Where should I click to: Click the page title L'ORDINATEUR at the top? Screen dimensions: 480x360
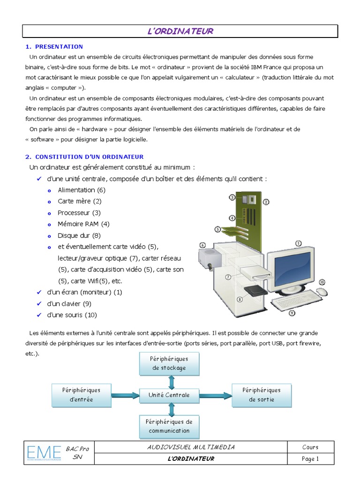180,31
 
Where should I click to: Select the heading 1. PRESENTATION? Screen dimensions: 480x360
54,46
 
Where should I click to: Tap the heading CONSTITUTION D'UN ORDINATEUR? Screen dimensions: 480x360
84,157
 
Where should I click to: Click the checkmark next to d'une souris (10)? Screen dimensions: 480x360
39,315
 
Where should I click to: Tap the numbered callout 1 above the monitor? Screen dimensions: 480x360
298,243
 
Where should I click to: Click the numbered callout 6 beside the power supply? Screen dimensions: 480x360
202,245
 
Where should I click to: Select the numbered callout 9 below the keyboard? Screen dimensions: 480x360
292,313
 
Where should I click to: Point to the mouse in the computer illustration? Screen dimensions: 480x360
322,292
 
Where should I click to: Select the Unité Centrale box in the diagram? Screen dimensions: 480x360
169,395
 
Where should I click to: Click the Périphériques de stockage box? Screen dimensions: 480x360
169,363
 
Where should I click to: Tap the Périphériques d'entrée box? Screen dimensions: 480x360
81,395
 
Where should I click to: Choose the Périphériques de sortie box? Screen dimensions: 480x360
262,395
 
